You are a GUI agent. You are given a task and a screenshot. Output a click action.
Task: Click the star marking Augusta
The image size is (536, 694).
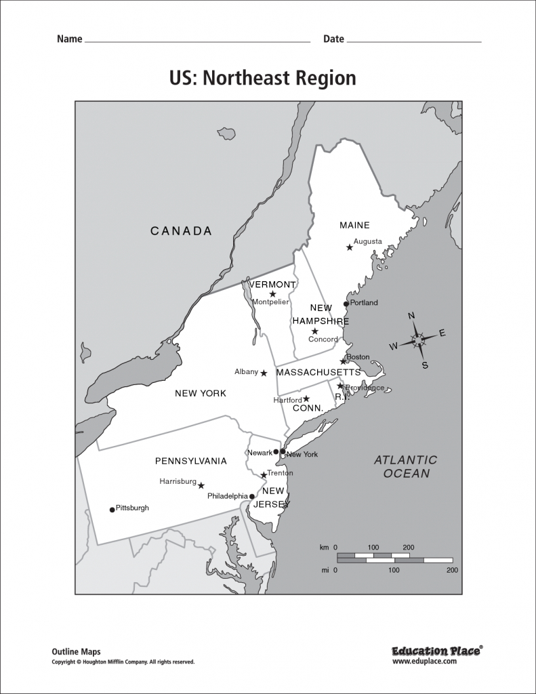350,247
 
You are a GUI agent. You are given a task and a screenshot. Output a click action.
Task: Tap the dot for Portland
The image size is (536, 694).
346,304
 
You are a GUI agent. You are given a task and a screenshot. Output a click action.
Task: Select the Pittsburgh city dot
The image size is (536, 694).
112,509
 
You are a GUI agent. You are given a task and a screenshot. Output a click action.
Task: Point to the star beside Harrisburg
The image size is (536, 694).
201,485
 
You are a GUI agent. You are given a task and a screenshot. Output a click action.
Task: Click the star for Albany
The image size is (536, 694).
264,373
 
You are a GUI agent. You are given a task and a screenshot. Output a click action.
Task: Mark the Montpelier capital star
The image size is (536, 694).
272,294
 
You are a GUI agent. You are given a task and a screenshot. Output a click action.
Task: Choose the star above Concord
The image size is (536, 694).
314,331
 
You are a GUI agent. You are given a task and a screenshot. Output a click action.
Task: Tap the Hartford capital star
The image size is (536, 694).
306,399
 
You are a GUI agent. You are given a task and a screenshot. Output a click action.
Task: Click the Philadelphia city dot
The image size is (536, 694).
252,496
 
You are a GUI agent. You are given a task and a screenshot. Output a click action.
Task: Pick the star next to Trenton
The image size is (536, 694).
264,474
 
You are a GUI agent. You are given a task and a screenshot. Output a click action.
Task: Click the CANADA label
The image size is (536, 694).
181,231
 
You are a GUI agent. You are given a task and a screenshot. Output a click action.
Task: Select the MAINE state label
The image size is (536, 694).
354,225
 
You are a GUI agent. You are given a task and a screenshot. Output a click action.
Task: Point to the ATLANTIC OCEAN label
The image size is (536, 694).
406,467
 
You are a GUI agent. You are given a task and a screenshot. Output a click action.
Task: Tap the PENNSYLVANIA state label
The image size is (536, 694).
190,461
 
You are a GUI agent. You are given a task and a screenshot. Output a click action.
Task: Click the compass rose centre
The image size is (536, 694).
418,339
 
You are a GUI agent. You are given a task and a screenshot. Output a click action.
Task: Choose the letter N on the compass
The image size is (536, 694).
411,316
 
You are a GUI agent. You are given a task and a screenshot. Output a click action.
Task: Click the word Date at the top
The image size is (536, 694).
333,39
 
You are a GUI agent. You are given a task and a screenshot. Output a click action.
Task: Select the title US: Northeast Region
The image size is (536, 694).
262,78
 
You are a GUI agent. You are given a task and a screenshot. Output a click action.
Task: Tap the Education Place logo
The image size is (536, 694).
436,651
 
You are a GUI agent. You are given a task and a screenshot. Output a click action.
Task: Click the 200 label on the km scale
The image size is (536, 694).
409,547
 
